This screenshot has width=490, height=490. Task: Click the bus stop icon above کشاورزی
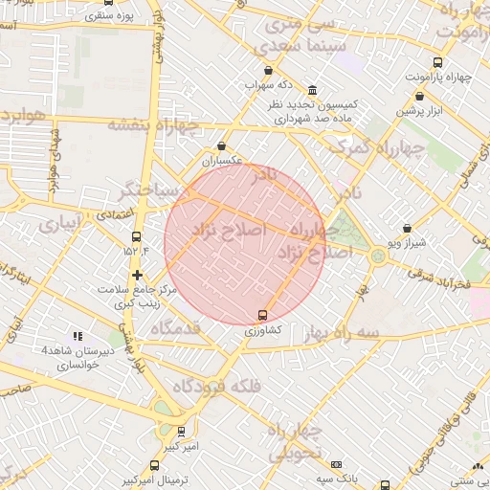[x=262, y=315]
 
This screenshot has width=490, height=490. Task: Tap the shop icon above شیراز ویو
[x=409, y=229]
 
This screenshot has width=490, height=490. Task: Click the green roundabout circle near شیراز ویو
[x=379, y=256]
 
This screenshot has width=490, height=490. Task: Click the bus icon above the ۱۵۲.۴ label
[x=135, y=236]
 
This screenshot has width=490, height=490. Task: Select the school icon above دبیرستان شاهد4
[x=78, y=337]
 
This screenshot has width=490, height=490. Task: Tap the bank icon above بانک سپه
[x=336, y=464]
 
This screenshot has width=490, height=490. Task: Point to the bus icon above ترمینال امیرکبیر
[x=155, y=465]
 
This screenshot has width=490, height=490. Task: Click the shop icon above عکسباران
[x=223, y=146]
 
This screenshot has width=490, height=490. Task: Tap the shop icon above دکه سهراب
[x=267, y=71]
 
